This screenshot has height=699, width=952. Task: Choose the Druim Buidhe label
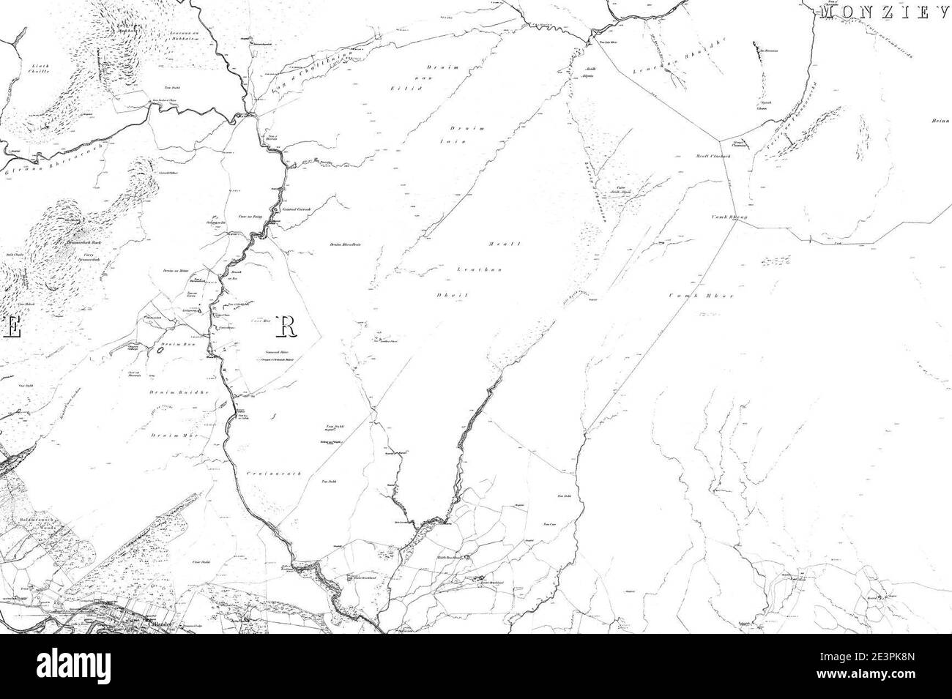coord(179,393)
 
